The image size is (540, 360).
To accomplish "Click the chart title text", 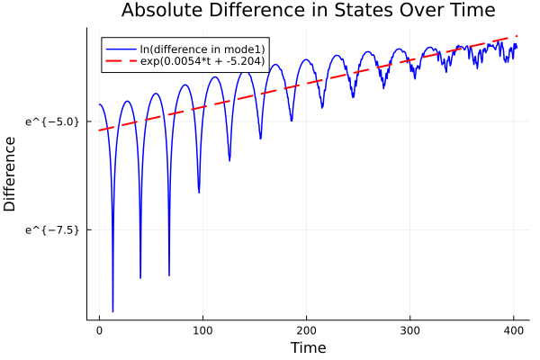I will point(308,12).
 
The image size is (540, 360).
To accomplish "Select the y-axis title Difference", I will point(11,174).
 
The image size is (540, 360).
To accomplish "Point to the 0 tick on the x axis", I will point(99,330).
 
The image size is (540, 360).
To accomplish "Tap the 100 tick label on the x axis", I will point(202,330).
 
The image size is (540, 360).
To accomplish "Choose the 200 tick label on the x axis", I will point(307,330).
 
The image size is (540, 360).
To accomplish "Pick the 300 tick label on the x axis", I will point(410,330).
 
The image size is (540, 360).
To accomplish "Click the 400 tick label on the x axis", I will point(514,330).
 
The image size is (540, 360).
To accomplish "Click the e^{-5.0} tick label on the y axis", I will point(53,121).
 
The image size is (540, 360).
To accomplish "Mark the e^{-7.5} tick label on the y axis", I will point(53,229).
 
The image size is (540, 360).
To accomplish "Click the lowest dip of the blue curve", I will point(112,311).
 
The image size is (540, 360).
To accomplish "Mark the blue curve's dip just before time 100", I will point(199,192).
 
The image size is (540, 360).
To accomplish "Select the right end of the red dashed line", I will point(517,37).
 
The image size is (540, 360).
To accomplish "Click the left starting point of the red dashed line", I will point(100,130).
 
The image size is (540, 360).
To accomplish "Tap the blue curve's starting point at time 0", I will point(100,104).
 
